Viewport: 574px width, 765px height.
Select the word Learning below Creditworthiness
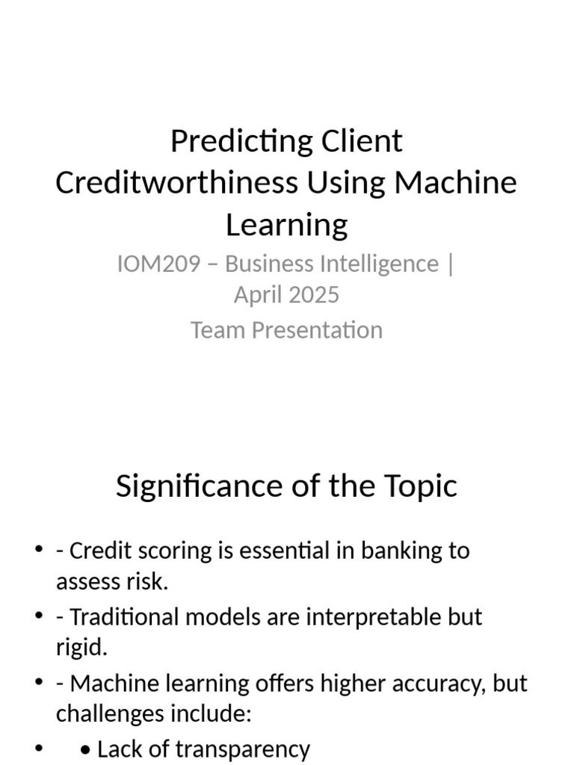287,224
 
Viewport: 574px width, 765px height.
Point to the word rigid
81,648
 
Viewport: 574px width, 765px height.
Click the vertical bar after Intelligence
449,264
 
